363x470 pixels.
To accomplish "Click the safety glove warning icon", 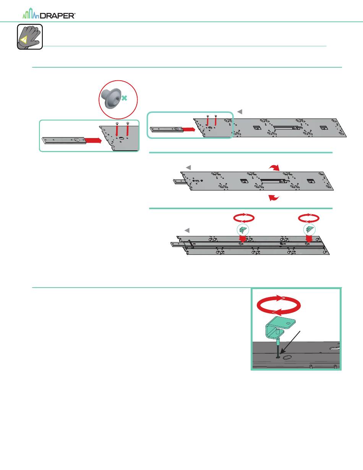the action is pos(29,37).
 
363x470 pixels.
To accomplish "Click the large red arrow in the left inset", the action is pos(92,140).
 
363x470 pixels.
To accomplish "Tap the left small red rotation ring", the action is pos(243,218).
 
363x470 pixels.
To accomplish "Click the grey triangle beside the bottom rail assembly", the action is pos(187,230).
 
